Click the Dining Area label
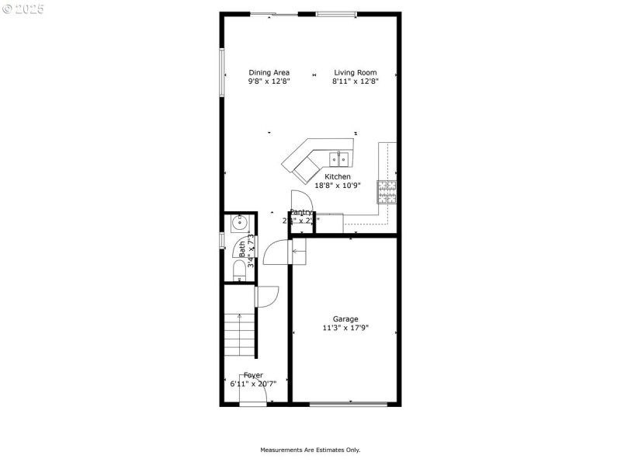pyautogui.click(x=269, y=73)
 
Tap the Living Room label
pyautogui.click(x=356, y=73)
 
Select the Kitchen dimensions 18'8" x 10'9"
pyautogui.click(x=338, y=186)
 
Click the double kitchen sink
pyautogui.click(x=340, y=159)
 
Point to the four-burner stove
pyautogui.click(x=387, y=191)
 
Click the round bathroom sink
pyautogui.click(x=238, y=224)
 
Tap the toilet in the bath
pyautogui.click(x=239, y=270)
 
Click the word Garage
pyautogui.click(x=345, y=319)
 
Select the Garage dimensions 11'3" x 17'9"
pyautogui.click(x=345, y=328)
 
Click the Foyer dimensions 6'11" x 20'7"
pyautogui.click(x=253, y=384)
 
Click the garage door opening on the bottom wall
pyautogui.click(x=349, y=403)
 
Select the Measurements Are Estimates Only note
pyautogui.click(x=310, y=450)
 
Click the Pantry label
pyautogui.click(x=301, y=212)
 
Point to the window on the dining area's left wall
pyautogui.click(x=222, y=71)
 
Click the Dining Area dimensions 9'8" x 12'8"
pyautogui.click(x=269, y=82)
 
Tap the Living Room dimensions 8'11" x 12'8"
pyautogui.click(x=356, y=82)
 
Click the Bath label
pyautogui.click(x=242, y=249)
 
